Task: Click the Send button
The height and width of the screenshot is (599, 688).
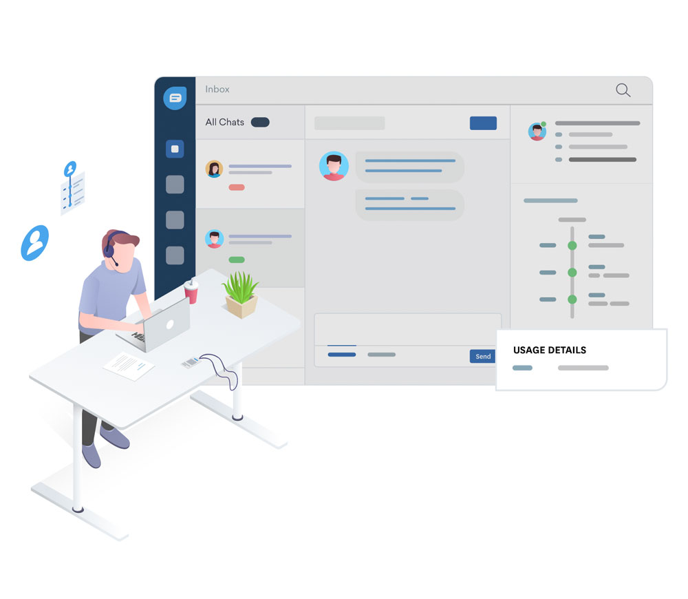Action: [x=483, y=356]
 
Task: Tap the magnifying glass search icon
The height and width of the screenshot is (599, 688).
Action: [x=623, y=90]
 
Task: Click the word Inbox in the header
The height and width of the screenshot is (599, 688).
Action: [x=217, y=89]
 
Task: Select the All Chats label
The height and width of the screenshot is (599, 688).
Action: [x=225, y=122]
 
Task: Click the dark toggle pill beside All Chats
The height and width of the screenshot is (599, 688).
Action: [x=260, y=122]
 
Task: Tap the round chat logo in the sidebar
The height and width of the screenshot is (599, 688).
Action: [x=175, y=98]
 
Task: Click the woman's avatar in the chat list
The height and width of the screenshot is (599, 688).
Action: [x=214, y=169]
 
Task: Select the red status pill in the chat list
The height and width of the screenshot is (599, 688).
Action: [x=237, y=187]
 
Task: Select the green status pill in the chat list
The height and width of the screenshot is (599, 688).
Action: [x=237, y=260]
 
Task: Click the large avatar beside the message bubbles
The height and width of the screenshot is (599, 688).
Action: [x=334, y=167]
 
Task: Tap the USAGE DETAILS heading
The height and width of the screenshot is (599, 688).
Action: [x=549, y=350]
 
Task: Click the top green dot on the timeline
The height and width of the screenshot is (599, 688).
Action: [x=572, y=246]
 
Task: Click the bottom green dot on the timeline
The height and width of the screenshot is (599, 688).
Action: [x=572, y=299]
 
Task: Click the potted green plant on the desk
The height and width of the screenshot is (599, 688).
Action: [x=240, y=294]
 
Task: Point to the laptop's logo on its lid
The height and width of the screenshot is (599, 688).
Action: [x=170, y=324]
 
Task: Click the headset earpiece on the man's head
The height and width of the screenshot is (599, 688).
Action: [x=109, y=251]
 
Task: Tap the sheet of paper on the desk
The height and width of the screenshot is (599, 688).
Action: [x=129, y=366]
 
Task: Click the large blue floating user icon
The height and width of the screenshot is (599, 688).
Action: [x=35, y=243]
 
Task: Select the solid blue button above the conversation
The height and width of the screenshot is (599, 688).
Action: [x=483, y=123]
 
